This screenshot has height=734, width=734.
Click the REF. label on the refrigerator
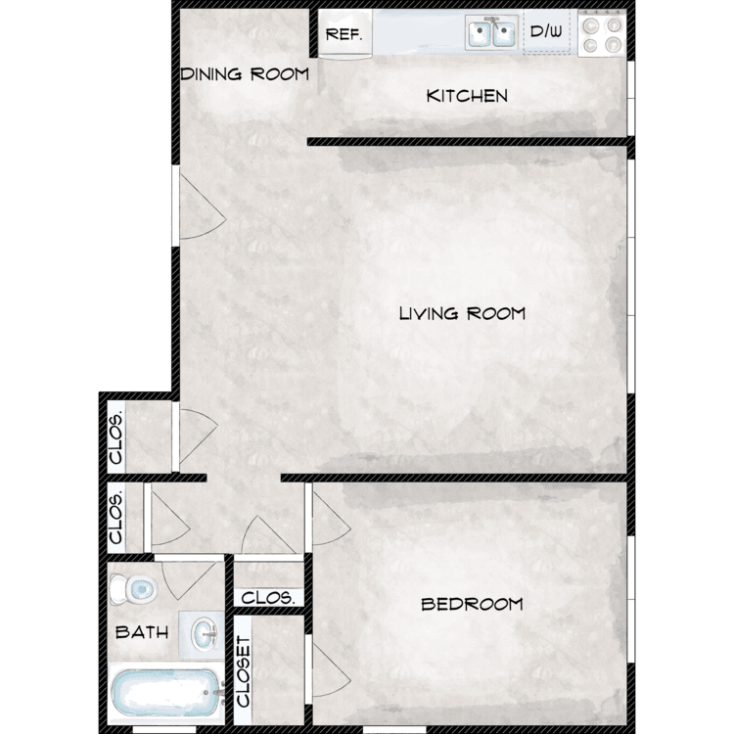344,34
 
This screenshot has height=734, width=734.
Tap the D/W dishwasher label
546,31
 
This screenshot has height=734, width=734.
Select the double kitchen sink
491,32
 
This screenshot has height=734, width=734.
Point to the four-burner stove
602,33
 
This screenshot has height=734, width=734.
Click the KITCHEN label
467,96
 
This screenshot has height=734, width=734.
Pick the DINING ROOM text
245,74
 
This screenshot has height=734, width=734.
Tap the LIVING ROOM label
462,313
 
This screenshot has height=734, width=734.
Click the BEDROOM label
472,604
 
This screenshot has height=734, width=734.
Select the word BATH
142,632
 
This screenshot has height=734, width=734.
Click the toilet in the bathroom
133,589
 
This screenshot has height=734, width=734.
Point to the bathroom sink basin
205,633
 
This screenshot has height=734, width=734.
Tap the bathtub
165,693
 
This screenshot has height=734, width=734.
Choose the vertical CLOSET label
244,670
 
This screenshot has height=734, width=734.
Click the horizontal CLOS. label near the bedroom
268,597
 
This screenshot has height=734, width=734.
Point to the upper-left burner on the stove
591,25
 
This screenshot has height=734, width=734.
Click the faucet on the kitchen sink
492,22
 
